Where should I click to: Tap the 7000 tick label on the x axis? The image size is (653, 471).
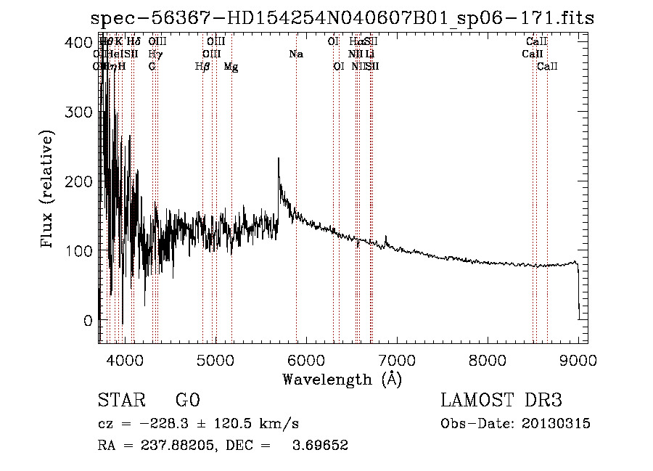[x=397, y=359]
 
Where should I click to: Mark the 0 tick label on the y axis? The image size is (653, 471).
[x=88, y=320]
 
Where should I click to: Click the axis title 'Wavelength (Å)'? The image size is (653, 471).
[x=342, y=379]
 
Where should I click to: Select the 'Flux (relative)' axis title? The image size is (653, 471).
[x=48, y=190]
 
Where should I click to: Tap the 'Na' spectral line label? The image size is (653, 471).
[x=296, y=54]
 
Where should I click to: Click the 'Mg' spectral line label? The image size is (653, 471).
[x=231, y=67]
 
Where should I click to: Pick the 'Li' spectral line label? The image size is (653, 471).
[x=370, y=54]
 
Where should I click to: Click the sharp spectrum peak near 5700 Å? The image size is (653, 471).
[x=279, y=159]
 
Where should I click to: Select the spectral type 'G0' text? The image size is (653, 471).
[x=187, y=401]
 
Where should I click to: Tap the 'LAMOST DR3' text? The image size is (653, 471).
[x=501, y=401]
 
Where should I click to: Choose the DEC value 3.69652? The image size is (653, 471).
[x=320, y=445]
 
